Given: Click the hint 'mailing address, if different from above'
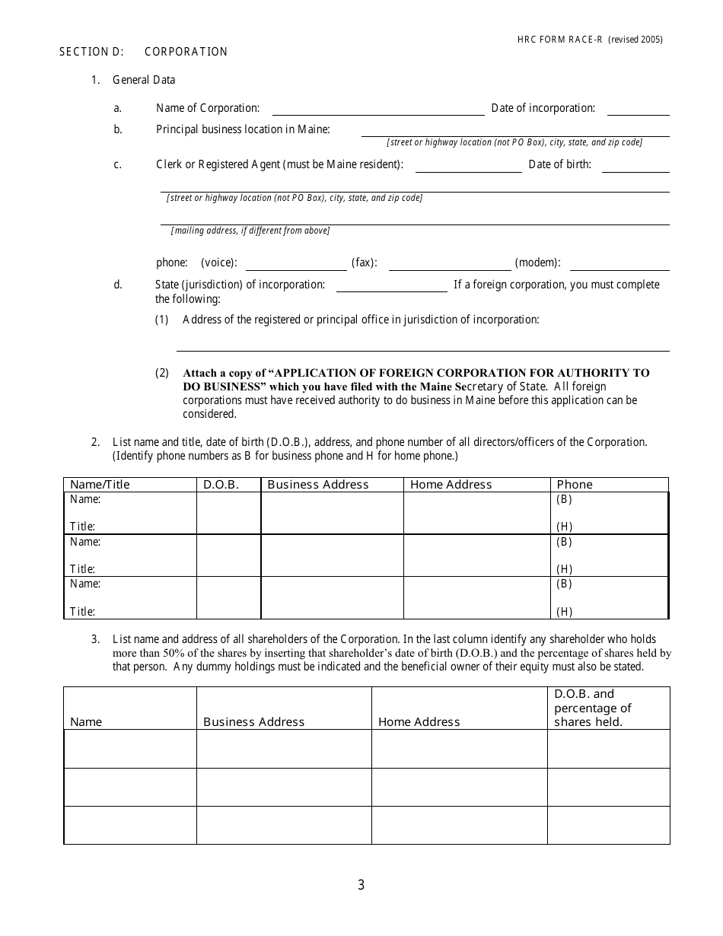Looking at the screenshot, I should point(250,231).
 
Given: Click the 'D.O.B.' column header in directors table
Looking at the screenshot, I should point(221,485).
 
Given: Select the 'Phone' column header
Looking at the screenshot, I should point(575,485).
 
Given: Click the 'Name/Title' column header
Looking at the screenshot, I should point(100,485).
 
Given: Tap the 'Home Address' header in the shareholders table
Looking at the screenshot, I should point(419,722).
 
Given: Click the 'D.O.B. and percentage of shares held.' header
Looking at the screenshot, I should point(593,708).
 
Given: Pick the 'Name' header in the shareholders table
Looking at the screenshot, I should point(86,722).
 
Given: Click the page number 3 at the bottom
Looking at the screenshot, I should point(361,885).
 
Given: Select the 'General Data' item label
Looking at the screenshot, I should point(144,80).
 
